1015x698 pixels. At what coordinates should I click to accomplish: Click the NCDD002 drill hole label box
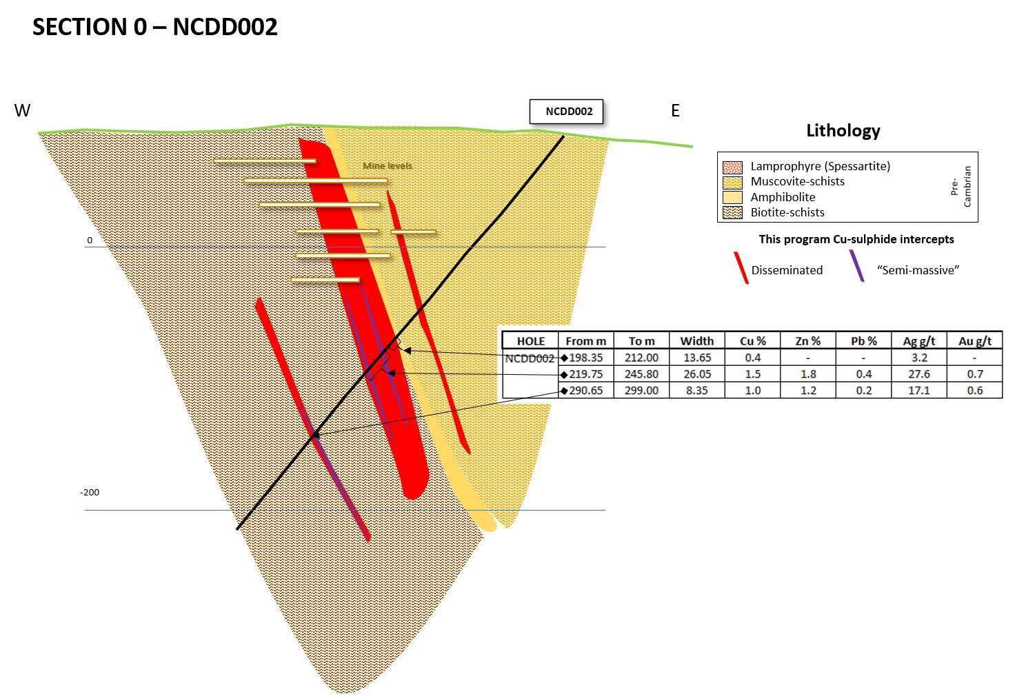[x=566, y=112]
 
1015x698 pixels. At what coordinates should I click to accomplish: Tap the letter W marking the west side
[x=22, y=111]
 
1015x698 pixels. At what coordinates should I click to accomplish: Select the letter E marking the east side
[x=675, y=110]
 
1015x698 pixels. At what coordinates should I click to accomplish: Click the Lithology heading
[x=843, y=130]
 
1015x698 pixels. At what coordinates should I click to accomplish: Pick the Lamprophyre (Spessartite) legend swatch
[x=732, y=167]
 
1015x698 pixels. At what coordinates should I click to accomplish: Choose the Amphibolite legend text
[x=783, y=197]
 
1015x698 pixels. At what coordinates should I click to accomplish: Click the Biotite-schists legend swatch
[x=732, y=213]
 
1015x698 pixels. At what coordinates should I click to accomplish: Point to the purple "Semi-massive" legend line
[x=856, y=266]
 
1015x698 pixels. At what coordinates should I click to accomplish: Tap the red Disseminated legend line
[x=741, y=268]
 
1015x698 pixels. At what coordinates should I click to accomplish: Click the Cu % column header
[x=752, y=341]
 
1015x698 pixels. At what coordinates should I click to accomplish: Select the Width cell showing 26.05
[x=696, y=374]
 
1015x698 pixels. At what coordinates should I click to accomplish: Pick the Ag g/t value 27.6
[x=918, y=374]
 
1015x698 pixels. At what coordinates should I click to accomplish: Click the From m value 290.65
[x=585, y=391]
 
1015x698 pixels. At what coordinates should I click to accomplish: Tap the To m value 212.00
[x=641, y=358]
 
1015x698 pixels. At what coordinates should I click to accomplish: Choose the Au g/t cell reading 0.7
[x=974, y=374]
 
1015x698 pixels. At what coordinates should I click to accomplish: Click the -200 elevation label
[x=90, y=493]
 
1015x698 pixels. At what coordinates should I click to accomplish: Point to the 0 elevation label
[x=90, y=240]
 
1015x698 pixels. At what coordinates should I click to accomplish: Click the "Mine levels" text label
[x=388, y=166]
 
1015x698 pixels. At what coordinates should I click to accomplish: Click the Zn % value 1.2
[x=807, y=391]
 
